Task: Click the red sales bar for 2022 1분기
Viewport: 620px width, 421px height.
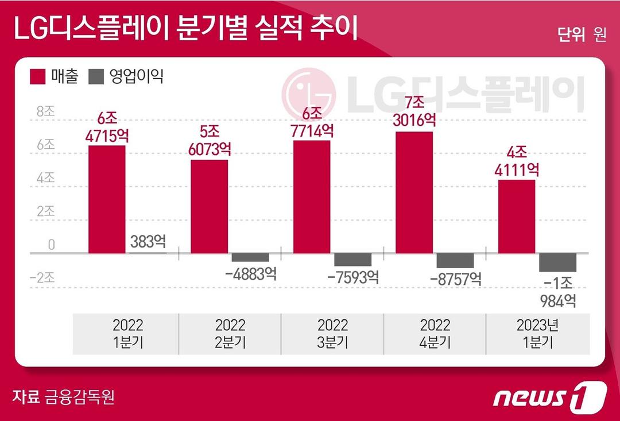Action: point(107,199)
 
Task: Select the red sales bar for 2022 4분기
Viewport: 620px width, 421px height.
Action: point(414,192)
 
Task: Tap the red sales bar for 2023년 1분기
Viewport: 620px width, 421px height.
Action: point(516,216)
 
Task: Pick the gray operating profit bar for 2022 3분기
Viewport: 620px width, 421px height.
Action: point(352,259)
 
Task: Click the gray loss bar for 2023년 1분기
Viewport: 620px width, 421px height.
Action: point(557,262)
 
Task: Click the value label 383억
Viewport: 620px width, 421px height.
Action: point(148,242)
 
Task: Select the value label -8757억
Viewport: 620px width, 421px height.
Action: point(455,279)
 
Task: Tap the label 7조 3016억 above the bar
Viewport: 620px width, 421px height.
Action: point(414,112)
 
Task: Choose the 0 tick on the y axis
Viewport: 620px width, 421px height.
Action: point(51,245)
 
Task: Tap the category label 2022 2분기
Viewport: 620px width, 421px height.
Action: point(230,334)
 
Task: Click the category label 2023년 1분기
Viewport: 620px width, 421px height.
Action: point(538,334)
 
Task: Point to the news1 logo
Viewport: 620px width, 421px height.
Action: point(549,396)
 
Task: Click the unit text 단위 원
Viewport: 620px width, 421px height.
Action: point(582,35)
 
